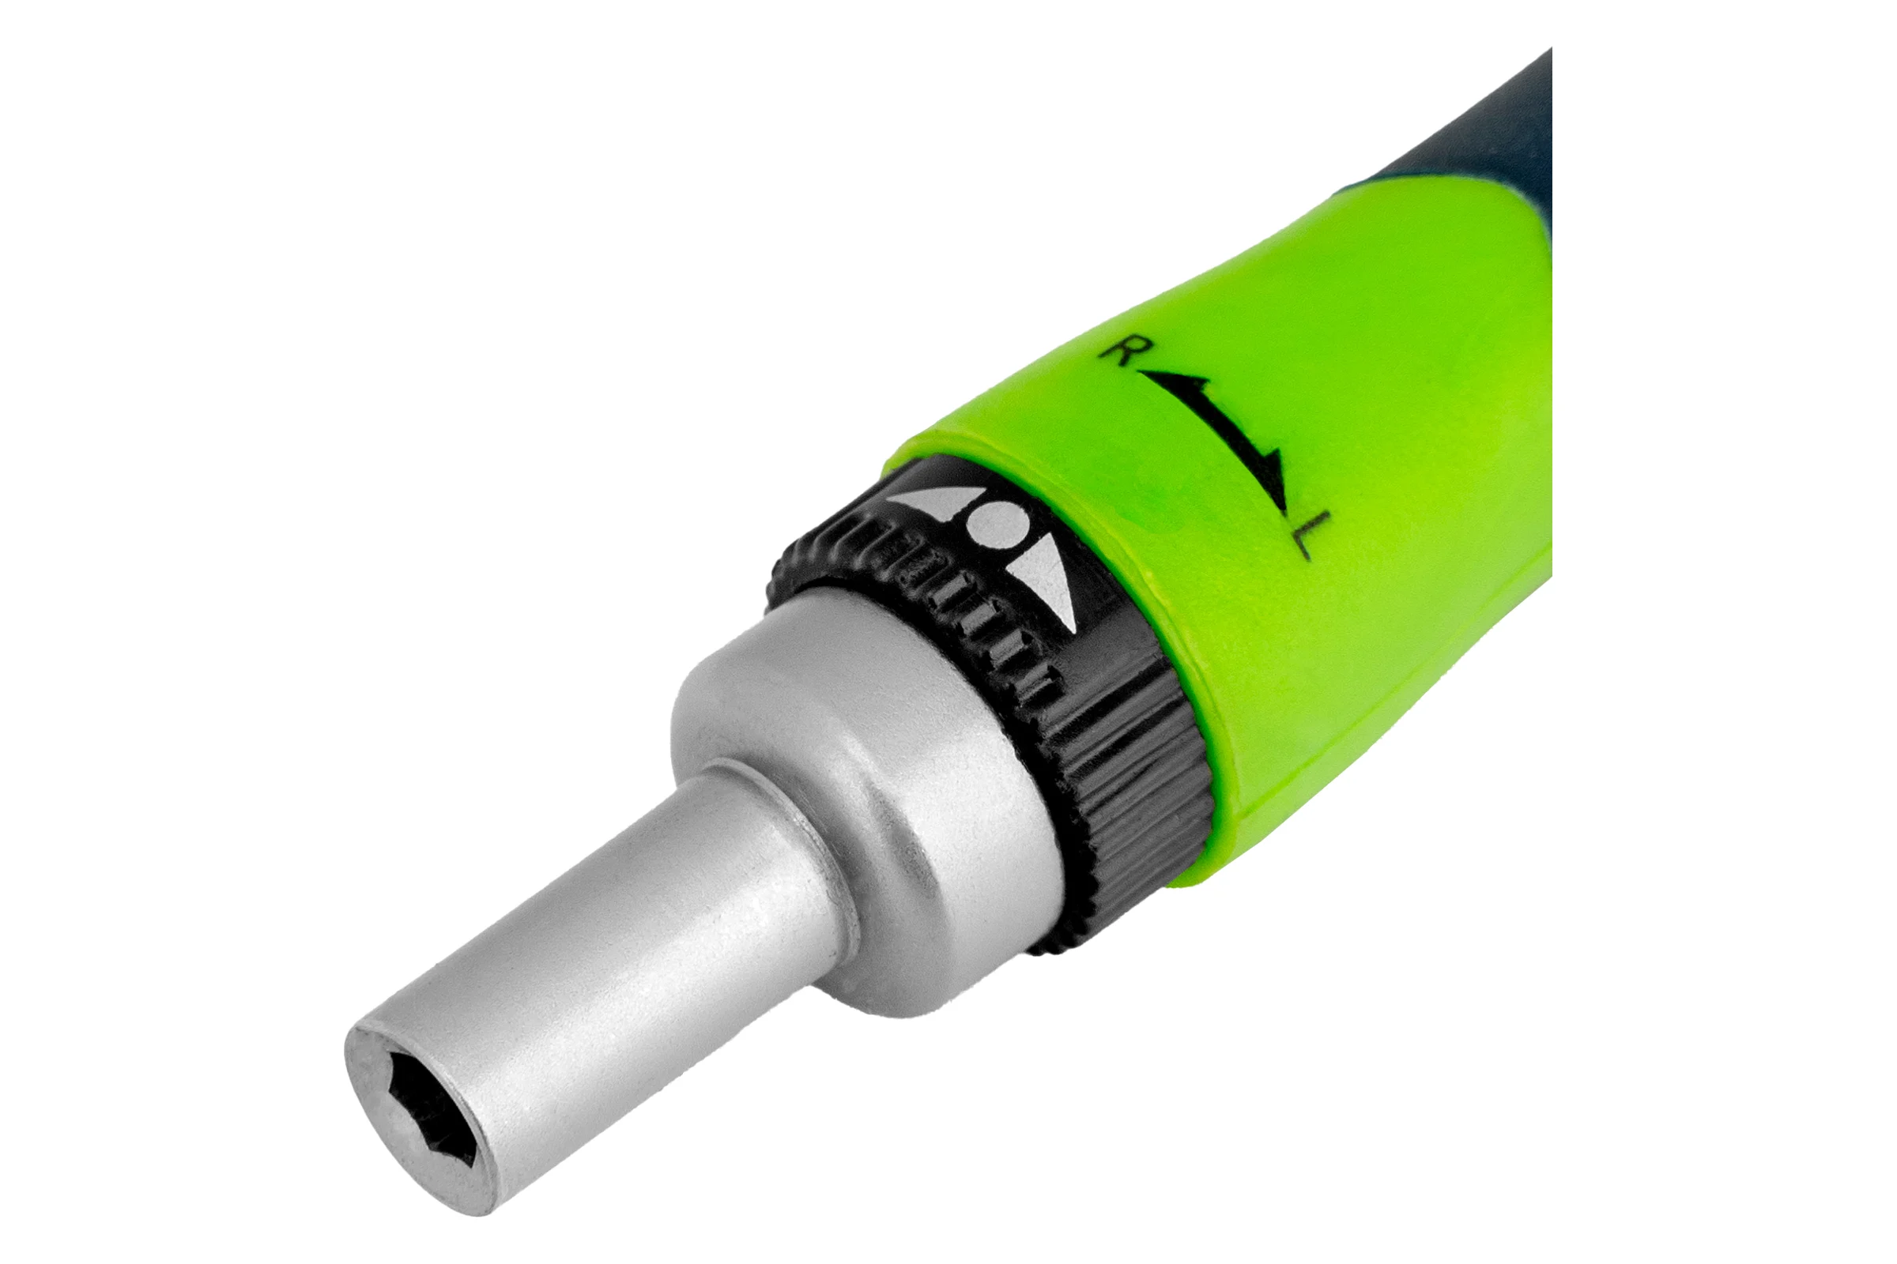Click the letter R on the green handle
pyautogui.click(x=1120, y=353)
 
